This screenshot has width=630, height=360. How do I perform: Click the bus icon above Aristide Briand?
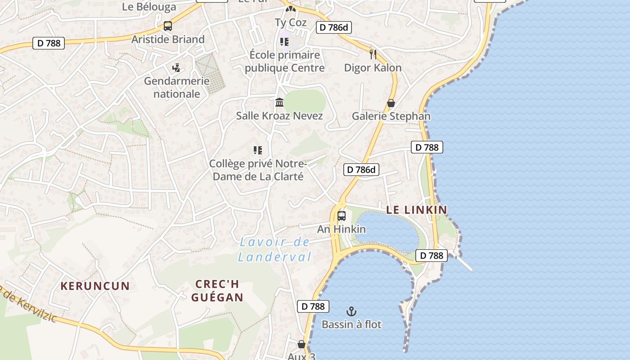[x=168, y=26]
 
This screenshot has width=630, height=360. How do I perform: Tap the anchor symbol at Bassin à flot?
[x=351, y=311]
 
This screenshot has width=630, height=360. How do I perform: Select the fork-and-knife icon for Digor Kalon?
[x=373, y=54]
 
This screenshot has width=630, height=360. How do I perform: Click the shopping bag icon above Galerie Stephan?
[x=391, y=103]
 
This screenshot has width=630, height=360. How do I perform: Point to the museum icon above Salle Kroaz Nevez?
[x=279, y=103]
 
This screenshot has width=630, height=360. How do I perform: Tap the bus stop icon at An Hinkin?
[x=342, y=216]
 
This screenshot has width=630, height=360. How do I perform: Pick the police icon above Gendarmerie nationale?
[x=176, y=68]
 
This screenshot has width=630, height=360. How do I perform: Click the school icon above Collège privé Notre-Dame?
[x=258, y=150]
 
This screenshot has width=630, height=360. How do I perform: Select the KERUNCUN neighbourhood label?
[x=95, y=286]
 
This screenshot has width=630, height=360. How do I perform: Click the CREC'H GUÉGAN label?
[x=217, y=291]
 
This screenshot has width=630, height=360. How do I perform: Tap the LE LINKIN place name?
[x=417, y=210]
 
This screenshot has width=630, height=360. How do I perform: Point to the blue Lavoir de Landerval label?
[x=274, y=250]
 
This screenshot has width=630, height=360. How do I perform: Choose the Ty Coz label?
[x=291, y=22]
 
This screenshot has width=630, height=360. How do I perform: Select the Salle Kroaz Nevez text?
[x=279, y=116]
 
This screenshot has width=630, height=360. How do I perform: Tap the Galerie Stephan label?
[x=391, y=116]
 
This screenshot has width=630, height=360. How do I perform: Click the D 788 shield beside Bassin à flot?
[x=313, y=306]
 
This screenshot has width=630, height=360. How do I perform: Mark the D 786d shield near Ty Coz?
[x=333, y=27]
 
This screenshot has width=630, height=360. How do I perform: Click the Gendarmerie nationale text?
[x=177, y=87]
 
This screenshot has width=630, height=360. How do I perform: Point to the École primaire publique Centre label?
[x=284, y=61]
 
